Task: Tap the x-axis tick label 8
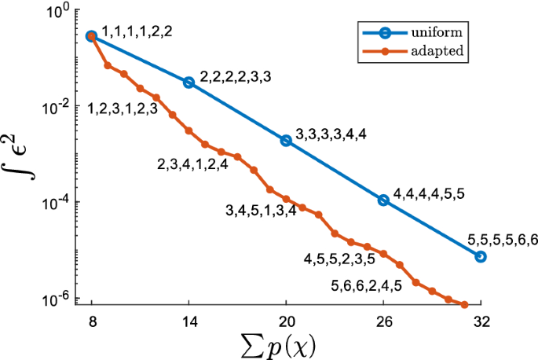(91, 321)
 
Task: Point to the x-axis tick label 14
(188, 321)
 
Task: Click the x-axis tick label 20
(286, 321)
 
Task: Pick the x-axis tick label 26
(383, 321)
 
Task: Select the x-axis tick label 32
(480, 321)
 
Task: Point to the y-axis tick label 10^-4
(60, 202)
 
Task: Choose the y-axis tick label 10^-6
(60, 298)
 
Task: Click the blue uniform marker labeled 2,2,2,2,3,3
(188, 83)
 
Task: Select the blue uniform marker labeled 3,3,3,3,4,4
(286, 140)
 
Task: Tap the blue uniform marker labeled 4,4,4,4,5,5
(383, 200)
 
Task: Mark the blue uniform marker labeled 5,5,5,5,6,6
(481, 257)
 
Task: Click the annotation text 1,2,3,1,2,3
(123, 109)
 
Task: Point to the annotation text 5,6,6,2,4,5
(367, 286)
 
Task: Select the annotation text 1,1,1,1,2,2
(137, 31)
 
